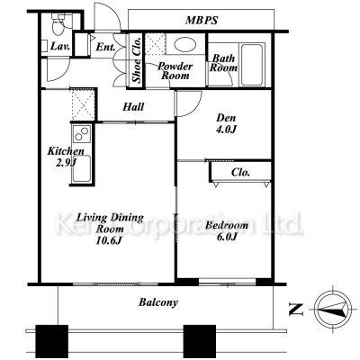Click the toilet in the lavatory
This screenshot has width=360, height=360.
click(x=58, y=24)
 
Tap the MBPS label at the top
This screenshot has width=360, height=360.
click(x=202, y=20)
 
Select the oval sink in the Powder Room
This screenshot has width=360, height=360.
click(x=185, y=44)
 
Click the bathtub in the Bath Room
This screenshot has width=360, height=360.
click(x=252, y=65)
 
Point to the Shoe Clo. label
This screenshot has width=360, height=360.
click(x=137, y=59)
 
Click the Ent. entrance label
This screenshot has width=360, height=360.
click(x=105, y=47)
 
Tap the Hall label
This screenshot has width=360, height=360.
click(x=133, y=106)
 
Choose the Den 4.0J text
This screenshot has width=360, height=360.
click(x=226, y=123)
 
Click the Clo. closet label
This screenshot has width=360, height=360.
click(x=240, y=172)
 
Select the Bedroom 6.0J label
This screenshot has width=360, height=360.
click(x=227, y=230)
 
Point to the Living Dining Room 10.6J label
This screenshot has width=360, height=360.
click(x=110, y=229)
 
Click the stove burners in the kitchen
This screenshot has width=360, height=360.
click(x=82, y=133)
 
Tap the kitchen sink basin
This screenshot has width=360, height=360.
click(x=82, y=168)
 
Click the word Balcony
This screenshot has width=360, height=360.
click(x=158, y=302)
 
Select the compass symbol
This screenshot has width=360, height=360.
click(x=333, y=309)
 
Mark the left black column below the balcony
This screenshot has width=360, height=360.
click(x=52, y=341)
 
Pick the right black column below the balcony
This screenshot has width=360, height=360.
click(x=200, y=341)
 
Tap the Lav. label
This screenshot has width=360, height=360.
click(x=60, y=47)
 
